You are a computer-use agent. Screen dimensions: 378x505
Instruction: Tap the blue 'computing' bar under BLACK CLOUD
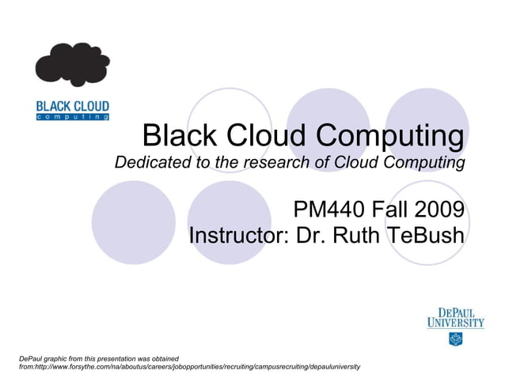pyautogui.click(x=73, y=116)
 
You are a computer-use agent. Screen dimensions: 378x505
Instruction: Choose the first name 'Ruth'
pyautogui.click(x=357, y=236)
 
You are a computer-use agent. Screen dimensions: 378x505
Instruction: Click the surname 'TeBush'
pyautogui.click(x=424, y=236)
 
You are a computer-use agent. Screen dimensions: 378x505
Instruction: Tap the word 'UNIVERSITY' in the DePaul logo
pyautogui.click(x=455, y=323)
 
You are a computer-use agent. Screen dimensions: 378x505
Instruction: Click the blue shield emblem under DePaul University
pyautogui.click(x=455, y=338)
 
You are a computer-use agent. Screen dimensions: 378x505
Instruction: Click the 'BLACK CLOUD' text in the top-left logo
pyautogui.click(x=73, y=106)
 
